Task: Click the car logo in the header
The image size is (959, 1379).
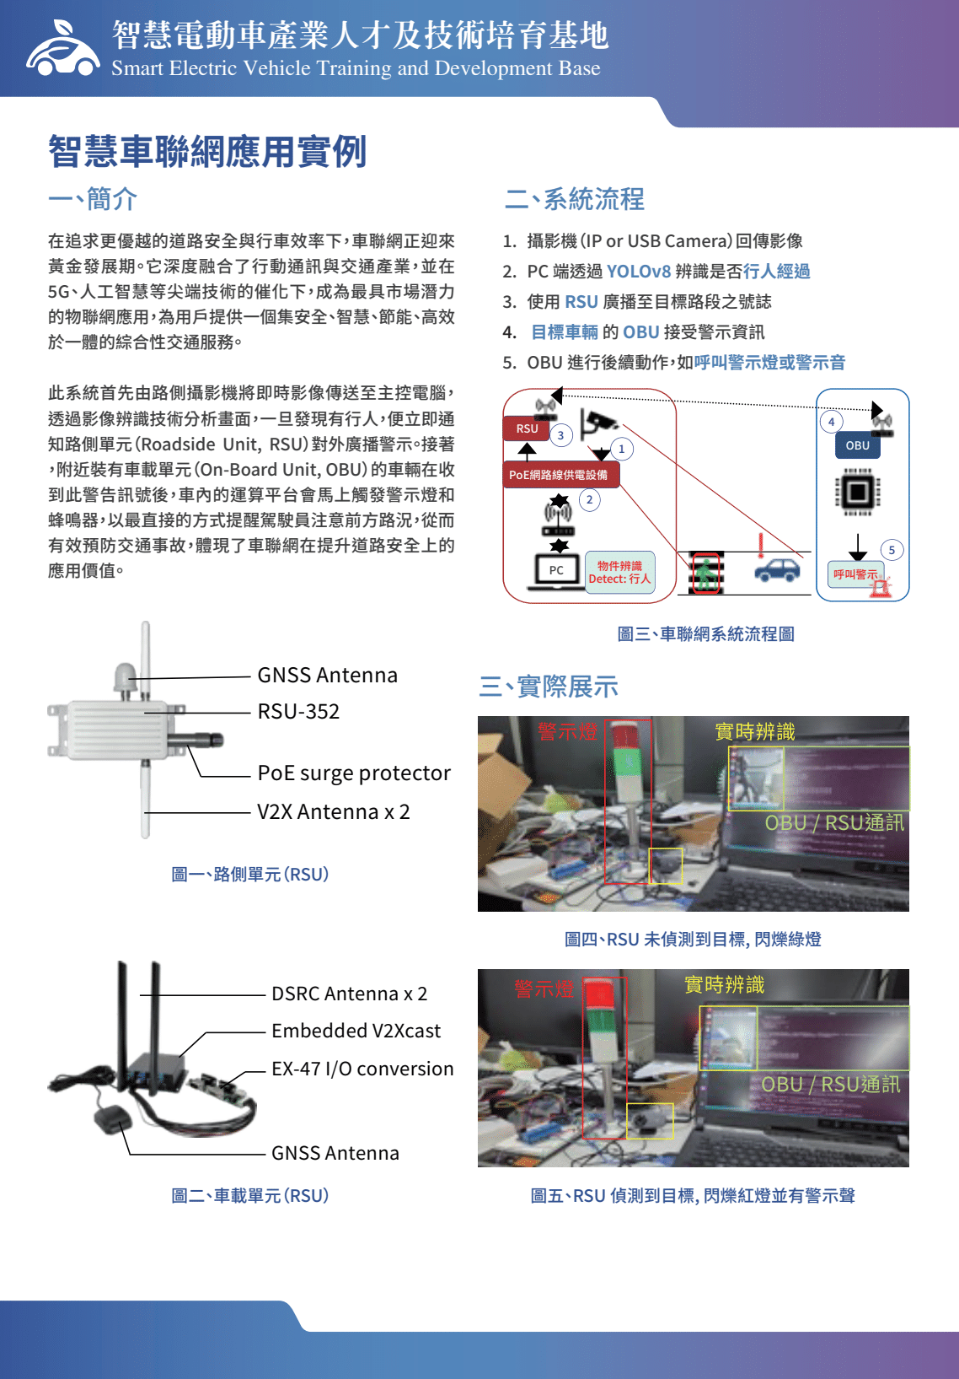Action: pyautogui.click(x=62, y=49)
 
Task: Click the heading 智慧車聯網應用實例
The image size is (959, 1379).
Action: pyautogui.click(x=208, y=151)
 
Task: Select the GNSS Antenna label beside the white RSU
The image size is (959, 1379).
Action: pyautogui.click(x=327, y=676)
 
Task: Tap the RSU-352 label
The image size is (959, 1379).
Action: pyautogui.click(x=298, y=712)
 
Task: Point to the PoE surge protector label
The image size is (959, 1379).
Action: pyautogui.click(x=354, y=773)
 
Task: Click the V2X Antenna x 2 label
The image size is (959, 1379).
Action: pyautogui.click(x=334, y=812)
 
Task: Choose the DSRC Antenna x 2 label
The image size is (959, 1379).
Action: pyautogui.click(x=350, y=994)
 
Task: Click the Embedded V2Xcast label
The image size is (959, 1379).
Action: pyautogui.click(x=356, y=1031)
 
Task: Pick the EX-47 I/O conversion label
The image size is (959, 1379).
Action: pyautogui.click(x=363, y=1069)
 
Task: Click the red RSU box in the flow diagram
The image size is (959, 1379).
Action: pyautogui.click(x=527, y=428)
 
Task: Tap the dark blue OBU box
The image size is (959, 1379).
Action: pyautogui.click(x=858, y=445)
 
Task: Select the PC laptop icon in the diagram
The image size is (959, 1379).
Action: pyautogui.click(x=556, y=571)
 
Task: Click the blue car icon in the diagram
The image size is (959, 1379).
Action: pyautogui.click(x=778, y=569)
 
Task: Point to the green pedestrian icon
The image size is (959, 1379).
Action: pyautogui.click(x=706, y=574)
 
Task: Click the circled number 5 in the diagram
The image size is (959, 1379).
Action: pyautogui.click(x=892, y=551)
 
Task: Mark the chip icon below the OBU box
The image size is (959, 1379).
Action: pyautogui.click(x=858, y=492)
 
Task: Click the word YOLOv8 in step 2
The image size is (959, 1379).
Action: pyautogui.click(x=639, y=272)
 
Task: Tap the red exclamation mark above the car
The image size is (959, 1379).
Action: pyautogui.click(x=761, y=546)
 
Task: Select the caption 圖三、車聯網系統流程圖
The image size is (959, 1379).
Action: pyautogui.click(x=705, y=634)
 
